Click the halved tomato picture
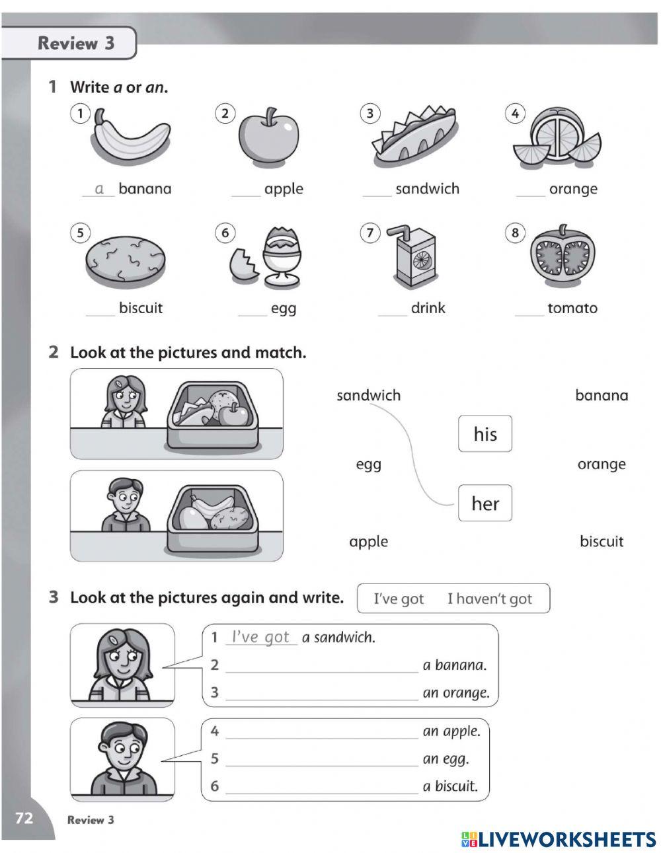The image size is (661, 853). coord(563,257)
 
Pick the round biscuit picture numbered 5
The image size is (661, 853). coord(125,260)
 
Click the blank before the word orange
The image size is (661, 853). coord(531,191)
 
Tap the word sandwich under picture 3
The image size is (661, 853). coord(427,189)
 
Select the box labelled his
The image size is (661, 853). coord(485,434)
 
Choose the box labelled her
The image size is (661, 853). coord(485,503)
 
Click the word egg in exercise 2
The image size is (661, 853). coord(368,464)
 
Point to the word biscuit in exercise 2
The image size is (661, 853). coord(601,542)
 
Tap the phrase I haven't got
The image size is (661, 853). coord(489,599)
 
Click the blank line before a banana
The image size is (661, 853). coord(321,667)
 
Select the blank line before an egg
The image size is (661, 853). coord(321,760)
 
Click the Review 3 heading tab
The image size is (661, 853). coord(75,44)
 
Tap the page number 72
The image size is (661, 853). coord(24,819)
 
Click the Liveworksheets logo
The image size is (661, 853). coord(559,839)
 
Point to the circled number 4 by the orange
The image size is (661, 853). coord(514,114)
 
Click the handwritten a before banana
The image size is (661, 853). coord(99,189)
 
